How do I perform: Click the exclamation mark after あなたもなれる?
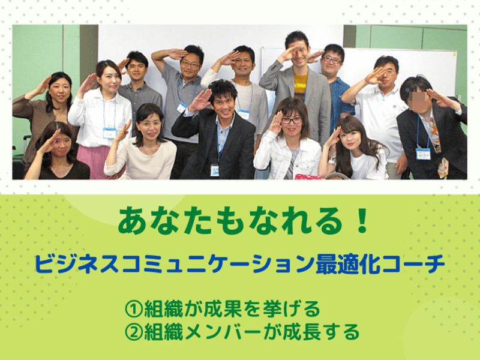pos(363,220)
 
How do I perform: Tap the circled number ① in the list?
pos(133,309)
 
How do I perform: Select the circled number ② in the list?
pos(133,332)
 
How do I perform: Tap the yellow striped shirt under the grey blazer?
pos(301,83)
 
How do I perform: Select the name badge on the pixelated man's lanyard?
pos(423,154)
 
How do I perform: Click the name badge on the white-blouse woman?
pos(109,133)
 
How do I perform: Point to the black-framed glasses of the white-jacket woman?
pos(291,121)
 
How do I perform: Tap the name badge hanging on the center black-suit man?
pos(215,170)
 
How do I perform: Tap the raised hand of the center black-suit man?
pos(201,100)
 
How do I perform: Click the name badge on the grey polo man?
pos(182,107)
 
